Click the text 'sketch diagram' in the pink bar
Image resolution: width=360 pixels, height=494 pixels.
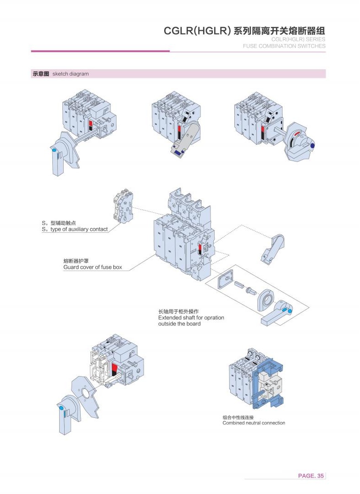pos(71,74)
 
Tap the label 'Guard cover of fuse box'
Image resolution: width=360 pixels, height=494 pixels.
pos(92,267)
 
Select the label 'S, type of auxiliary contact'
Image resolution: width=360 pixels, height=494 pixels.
pos(75,229)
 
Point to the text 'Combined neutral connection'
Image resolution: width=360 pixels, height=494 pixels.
pos(254,423)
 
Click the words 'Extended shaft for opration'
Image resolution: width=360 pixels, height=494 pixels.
pos(191,317)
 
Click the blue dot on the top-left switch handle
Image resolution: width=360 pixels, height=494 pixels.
pos(54,150)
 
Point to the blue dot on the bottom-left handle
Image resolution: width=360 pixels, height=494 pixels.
pos(61,407)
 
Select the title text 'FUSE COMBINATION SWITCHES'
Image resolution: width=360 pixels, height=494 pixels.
pos(284,46)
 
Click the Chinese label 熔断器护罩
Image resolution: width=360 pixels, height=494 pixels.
pos(76,261)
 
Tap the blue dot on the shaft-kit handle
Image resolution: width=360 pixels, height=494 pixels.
pos(288,311)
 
